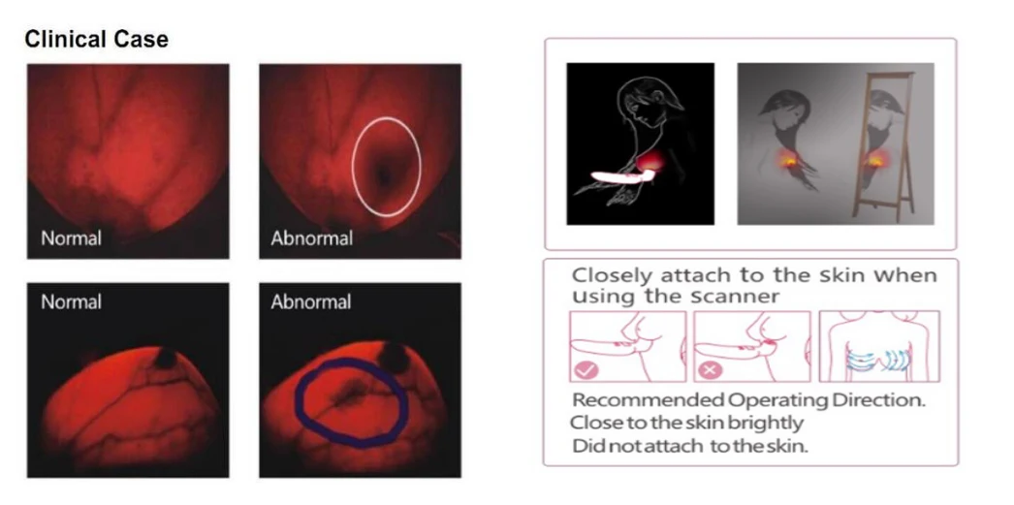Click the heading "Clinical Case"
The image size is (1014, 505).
tap(96, 40)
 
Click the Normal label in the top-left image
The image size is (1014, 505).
tap(71, 237)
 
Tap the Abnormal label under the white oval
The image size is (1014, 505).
tap(312, 237)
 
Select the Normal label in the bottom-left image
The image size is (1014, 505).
tap(71, 302)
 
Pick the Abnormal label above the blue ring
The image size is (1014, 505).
tap(311, 302)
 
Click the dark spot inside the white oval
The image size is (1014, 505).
tap(384, 174)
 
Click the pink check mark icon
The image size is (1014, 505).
tap(586, 370)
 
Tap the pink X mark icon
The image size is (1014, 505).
tap(709, 371)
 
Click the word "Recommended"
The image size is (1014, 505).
tap(649, 400)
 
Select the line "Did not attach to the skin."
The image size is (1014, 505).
tap(690, 446)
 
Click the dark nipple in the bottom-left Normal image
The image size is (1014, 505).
tap(166, 358)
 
